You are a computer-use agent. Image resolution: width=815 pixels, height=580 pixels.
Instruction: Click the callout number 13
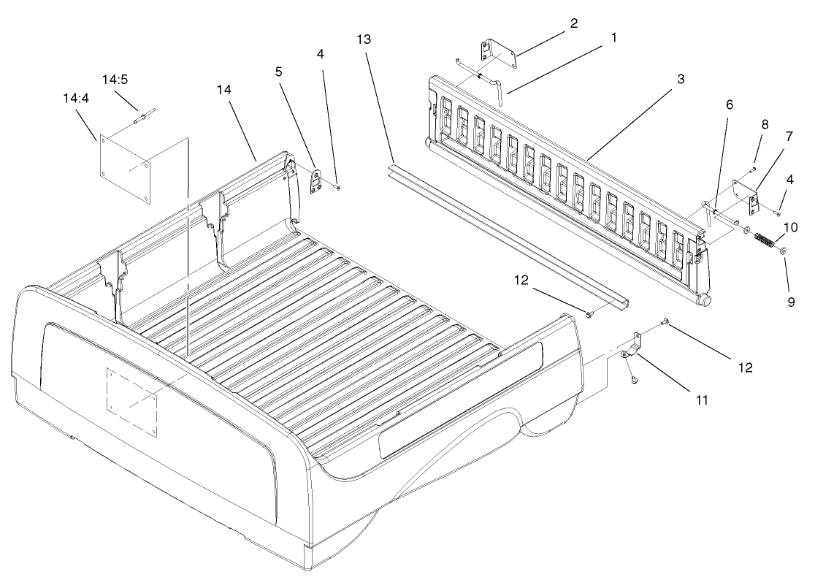pyautogui.click(x=364, y=39)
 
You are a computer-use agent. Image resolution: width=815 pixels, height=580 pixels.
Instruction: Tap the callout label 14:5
pyautogui.click(x=115, y=80)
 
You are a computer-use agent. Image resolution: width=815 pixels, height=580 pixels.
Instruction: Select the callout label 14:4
pyautogui.click(x=77, y=98)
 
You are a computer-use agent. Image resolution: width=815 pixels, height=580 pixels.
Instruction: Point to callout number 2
pyautogui.click(x=573, y=23)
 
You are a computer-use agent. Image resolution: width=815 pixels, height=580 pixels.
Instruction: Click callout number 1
pyautogui.click(x=613, y=37)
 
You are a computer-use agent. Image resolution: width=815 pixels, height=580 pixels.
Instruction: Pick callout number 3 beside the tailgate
pyautogui.click(x=681, y=79)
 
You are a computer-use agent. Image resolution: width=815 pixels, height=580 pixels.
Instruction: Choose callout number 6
pyautogui.click(x=730, y=105)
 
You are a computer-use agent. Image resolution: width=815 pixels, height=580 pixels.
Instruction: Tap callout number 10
pyautogui.click(x=791, y=228)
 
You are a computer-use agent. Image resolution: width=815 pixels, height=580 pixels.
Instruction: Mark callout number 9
pyautogui.click(x=791, y=302)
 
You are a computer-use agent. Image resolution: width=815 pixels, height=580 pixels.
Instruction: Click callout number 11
pyautogui.click(x=702, y=400)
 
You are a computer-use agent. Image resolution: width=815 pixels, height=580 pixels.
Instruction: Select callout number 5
pyautogui.click(x=279, y=72)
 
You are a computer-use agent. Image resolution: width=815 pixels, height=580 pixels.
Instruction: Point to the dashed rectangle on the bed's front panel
pyautogui.click(x=132, y=402)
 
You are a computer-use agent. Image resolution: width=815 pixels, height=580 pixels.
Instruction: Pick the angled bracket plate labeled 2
pyautogui.click(x=497, y=53)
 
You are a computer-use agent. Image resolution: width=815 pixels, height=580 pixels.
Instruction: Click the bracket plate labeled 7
pyautogui.click(x=746, y=196)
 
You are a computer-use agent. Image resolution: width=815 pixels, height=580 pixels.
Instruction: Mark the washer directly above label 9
pyautogui.click(x=783, y=251)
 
